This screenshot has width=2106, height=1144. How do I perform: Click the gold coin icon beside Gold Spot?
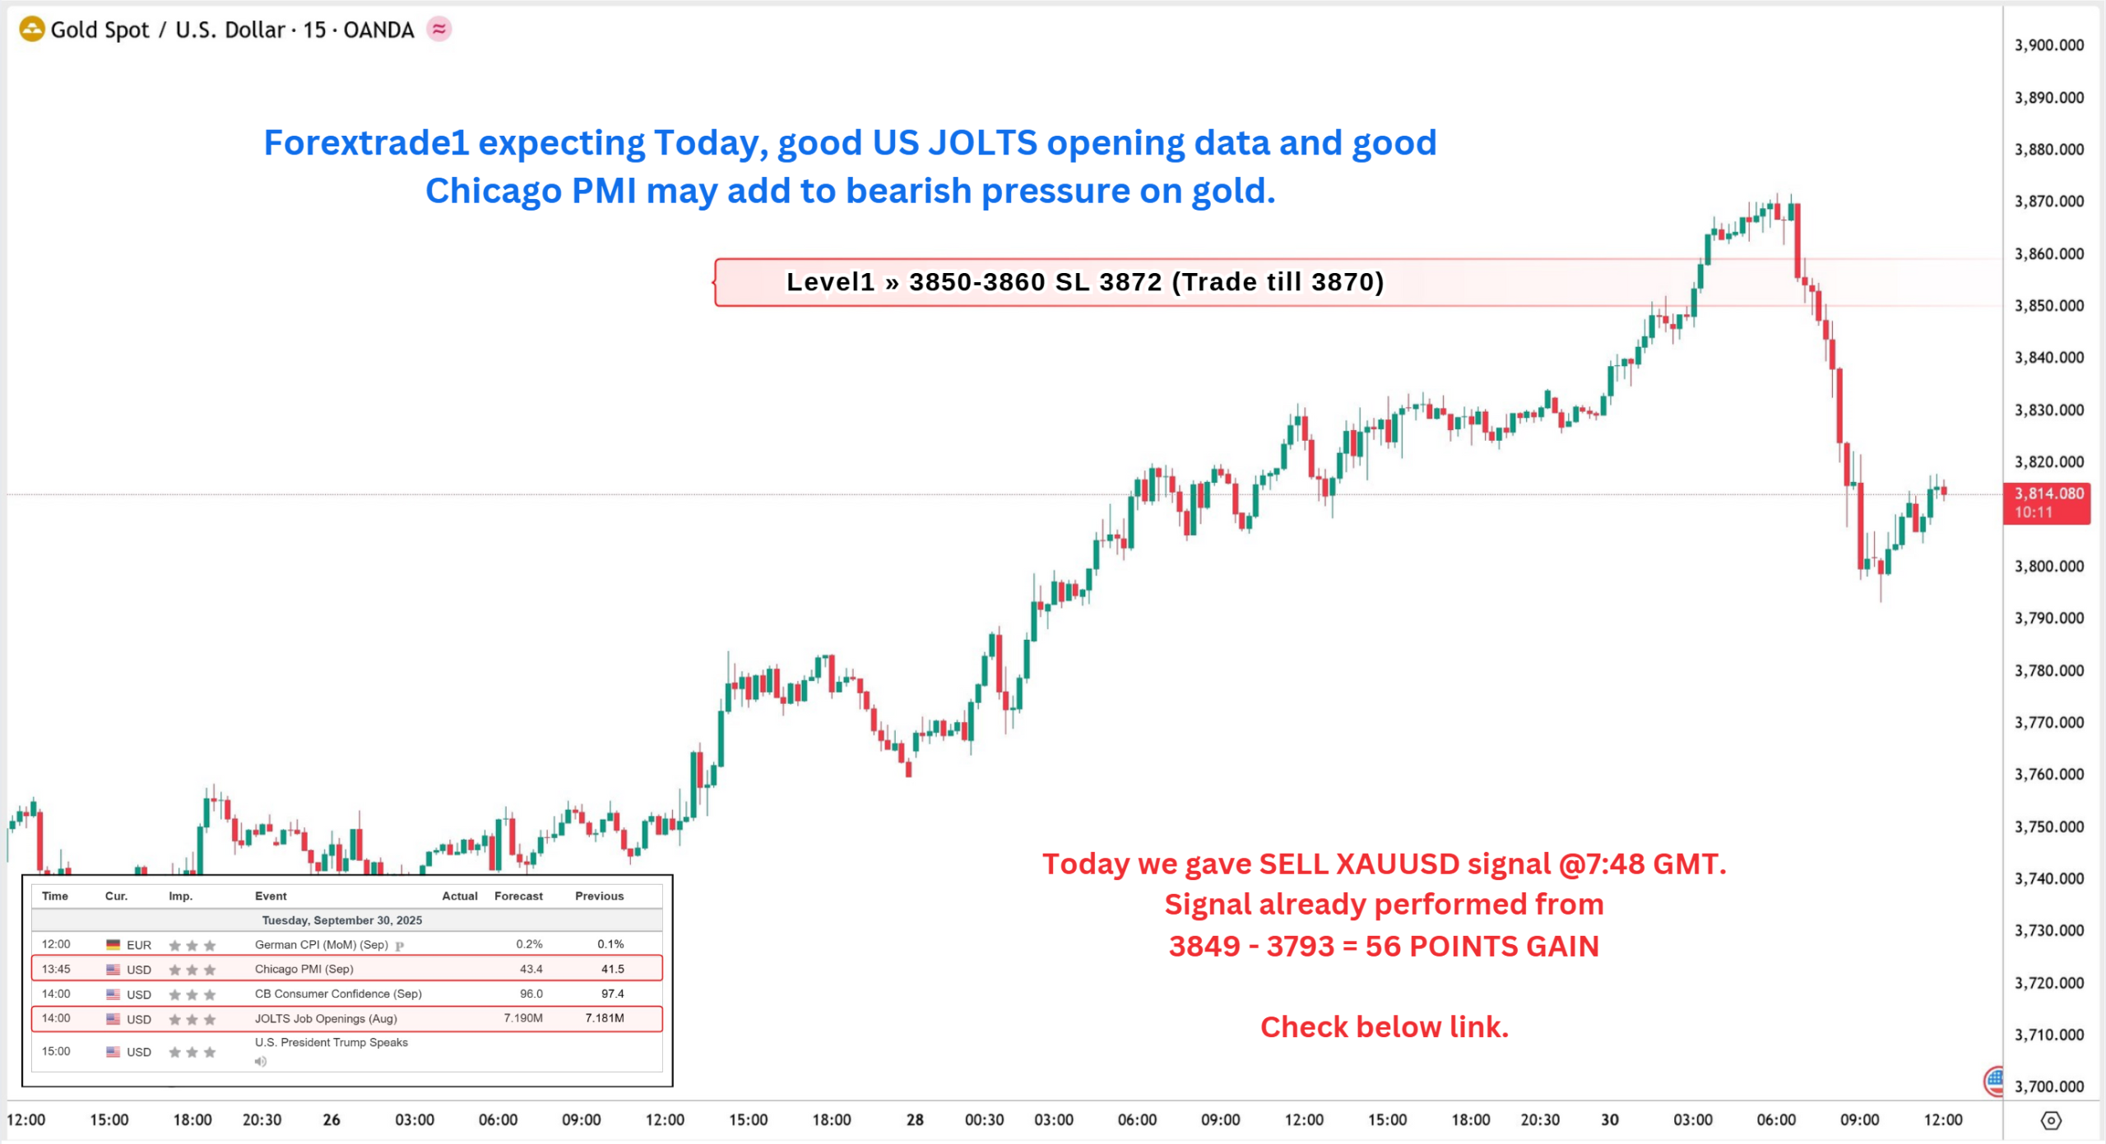coord(31,30)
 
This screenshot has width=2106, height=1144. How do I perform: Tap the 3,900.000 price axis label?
coord(2048,45)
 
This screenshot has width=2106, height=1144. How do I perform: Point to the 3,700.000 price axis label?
coord(2048,1086)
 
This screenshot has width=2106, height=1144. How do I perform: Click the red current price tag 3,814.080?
coord(2047,503)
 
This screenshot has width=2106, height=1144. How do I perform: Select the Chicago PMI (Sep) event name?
coord(304,969)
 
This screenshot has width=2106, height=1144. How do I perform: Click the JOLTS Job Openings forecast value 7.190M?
coord(523,1018)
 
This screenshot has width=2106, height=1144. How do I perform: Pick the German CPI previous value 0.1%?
coord(610,944)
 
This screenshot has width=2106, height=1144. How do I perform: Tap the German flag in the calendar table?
coord(113,945)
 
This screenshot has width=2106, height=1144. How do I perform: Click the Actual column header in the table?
coord(459,896)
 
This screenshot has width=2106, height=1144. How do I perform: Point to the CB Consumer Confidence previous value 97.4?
coord(612,993)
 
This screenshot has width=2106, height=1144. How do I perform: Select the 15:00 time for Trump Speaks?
coord(56,1051)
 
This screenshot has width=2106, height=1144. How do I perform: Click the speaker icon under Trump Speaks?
coord(261,1061)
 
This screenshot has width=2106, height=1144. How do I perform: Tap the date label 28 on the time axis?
coord(915,1119)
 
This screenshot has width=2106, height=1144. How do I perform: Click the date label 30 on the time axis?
coord(1609,1119)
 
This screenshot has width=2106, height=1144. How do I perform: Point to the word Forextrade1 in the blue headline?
coord(366,143)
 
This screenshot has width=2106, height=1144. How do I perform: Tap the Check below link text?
coord(1384,1026)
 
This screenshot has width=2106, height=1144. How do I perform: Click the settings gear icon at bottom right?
coord(2051,1120)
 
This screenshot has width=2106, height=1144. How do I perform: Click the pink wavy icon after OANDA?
coord(439,30)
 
